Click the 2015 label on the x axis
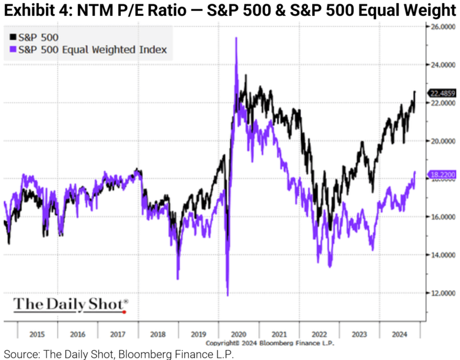[38, 334]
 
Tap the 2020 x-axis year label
[239, 334]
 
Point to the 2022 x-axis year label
[320, 334]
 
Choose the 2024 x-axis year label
[399, 334]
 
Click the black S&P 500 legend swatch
[12, 37]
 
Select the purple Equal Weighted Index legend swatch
[12, 49]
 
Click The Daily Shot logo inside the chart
[71, 304]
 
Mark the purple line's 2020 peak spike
[236, 38]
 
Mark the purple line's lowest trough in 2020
[228, 296]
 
